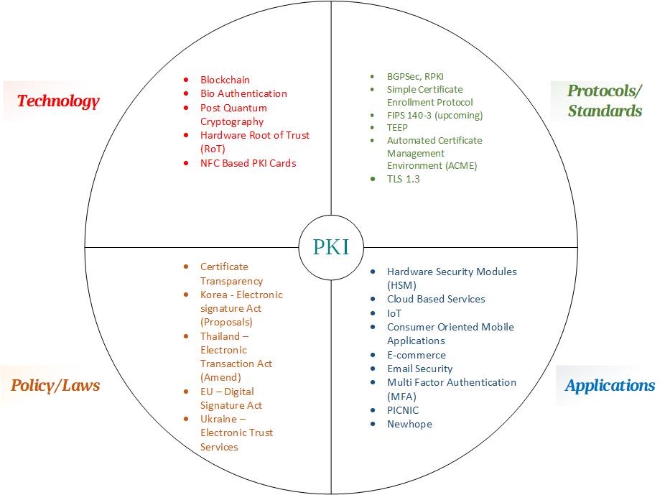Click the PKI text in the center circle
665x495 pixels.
click(331, 247)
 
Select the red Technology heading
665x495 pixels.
click(58, 101)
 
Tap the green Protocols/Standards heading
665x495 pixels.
click(605, 101)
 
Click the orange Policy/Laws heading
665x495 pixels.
click(55, 386)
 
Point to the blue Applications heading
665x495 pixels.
click(610, 386)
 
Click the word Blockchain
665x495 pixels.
click(225, 80)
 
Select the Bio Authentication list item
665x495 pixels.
click(243, 93)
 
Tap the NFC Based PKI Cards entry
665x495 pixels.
click(248, 163)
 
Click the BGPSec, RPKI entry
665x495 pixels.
click(415, 77)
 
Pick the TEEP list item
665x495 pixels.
click(397, 128)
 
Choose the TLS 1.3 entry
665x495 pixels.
click(404, 179)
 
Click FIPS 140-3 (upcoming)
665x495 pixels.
click(434, 116)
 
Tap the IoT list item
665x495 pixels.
click(394, 313)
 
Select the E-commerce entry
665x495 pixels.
click(417, 355)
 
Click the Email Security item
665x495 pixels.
click(420, 369)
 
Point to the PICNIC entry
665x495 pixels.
click(403, 411)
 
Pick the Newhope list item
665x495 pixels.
click(409, 424)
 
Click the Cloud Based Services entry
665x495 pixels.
click(436, 299)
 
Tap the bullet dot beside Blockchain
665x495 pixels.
click(186, 80)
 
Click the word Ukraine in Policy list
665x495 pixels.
click(218, 419)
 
